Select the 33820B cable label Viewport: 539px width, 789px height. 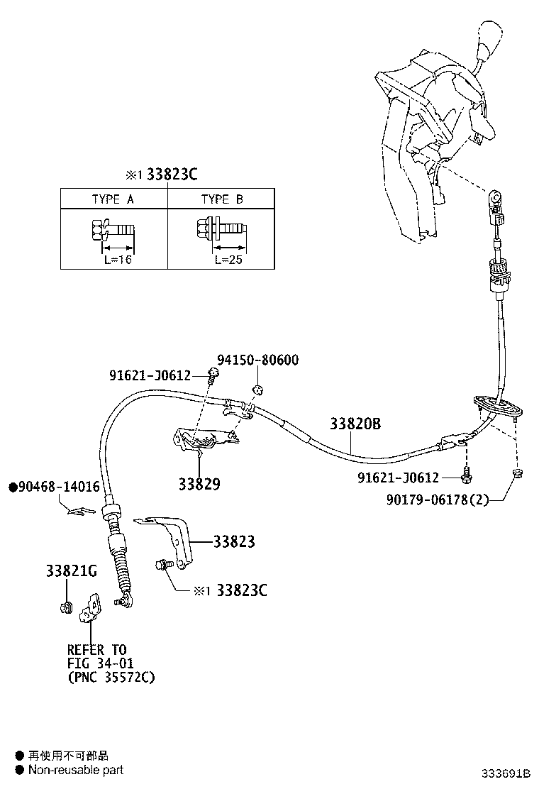(x=355, y=424)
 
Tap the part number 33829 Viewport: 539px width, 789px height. (x=199, y=485)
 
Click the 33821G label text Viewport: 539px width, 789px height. (x=71, y=570)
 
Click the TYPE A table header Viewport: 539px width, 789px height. (x=113, y=199)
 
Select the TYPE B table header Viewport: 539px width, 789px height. (x=221, y=199)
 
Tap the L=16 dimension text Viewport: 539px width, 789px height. (x=113, y=260)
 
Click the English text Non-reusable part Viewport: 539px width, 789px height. (x=75, y=770)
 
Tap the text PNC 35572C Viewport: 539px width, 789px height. (x=111, y=677)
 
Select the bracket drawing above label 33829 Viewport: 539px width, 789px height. (x=202, y=443)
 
